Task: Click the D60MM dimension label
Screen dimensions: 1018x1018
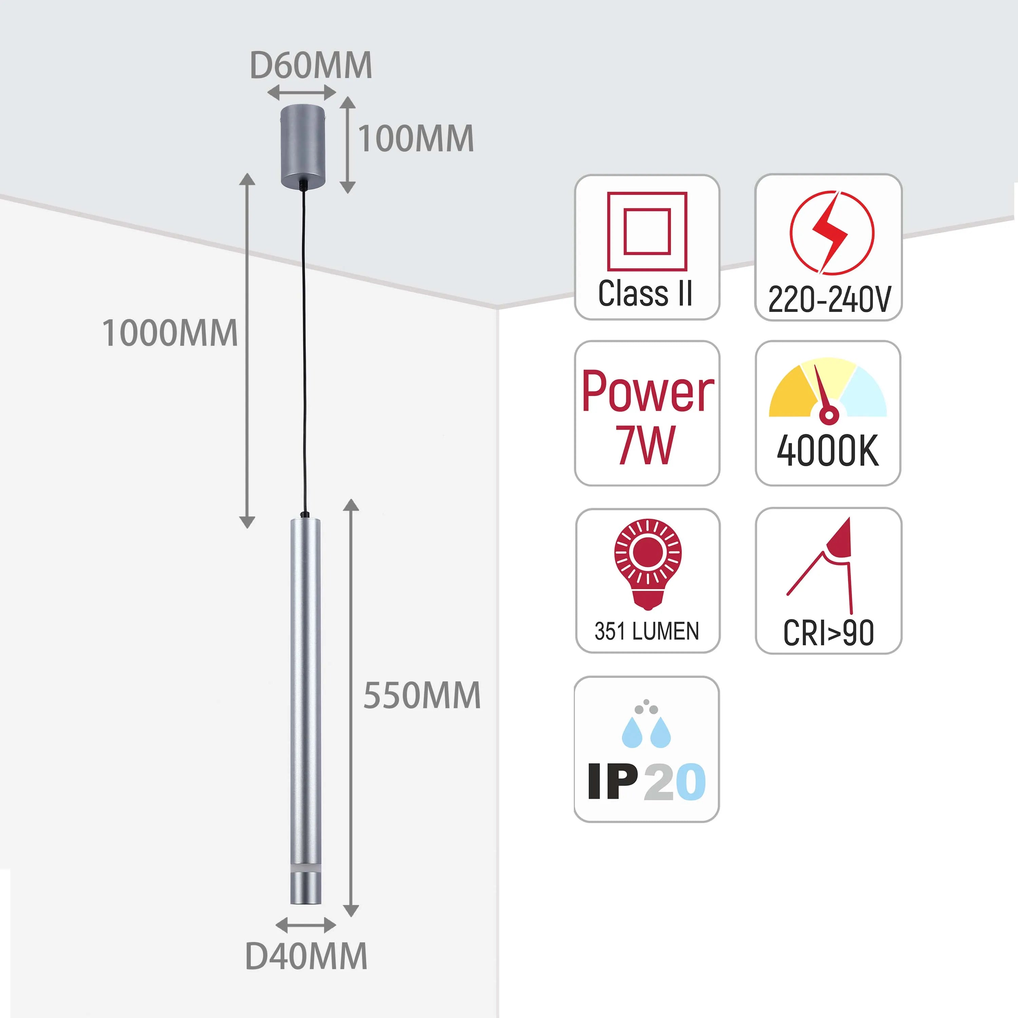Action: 311,66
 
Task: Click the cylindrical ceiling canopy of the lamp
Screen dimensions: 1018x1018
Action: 302,146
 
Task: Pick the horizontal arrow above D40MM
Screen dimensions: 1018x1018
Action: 306,925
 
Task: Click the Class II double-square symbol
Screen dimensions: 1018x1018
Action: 647,231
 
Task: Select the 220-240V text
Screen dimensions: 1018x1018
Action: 829,299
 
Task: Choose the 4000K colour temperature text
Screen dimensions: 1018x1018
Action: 828,451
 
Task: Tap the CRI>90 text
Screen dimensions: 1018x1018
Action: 828,633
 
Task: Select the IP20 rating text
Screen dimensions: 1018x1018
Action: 646,782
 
